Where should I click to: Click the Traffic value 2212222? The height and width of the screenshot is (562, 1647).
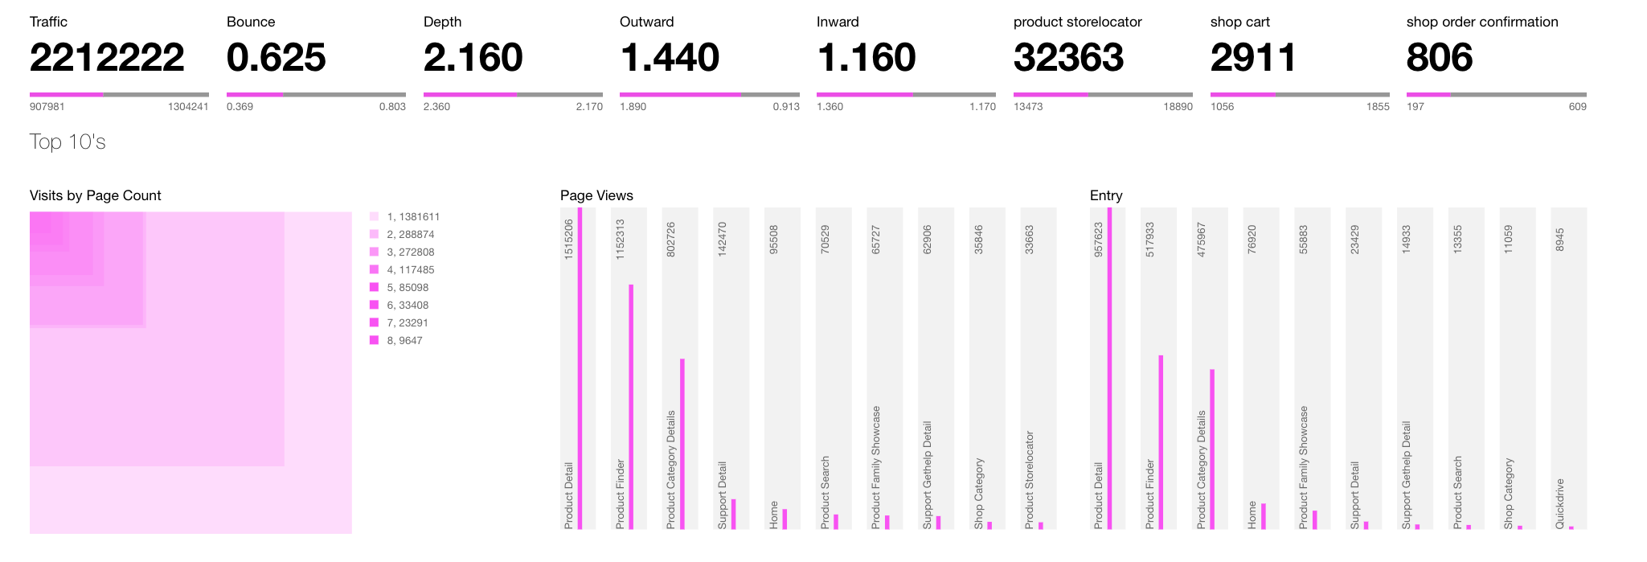point(107,58)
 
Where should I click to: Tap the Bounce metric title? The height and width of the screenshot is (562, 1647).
point(251,22)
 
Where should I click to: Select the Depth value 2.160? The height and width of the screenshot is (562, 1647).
point(473,58)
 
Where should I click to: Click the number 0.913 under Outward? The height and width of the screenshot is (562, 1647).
point(787,106)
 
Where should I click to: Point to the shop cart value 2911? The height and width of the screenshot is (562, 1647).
point(1253,58)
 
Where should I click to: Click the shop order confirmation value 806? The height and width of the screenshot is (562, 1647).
point(1439,58)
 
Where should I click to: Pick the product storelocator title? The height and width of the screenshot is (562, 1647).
point(1077,22)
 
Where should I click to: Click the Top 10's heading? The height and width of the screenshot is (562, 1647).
point(68,142)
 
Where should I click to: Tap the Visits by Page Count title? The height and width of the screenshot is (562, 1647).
point(95,195)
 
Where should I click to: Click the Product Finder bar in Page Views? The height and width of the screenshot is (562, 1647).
point(631,406)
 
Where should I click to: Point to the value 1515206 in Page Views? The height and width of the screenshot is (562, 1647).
point(569,239)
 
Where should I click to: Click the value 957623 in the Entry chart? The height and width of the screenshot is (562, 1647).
point(1098,240)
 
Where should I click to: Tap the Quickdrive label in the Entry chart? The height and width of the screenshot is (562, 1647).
point(1560,503)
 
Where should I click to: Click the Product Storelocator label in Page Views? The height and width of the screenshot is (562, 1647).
point(1030,480)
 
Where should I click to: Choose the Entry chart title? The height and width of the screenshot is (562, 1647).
point(1106,195)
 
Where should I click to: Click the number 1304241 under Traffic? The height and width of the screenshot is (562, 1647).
point(188,106)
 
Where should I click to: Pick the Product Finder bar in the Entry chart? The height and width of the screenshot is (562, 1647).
point(1161,441)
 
